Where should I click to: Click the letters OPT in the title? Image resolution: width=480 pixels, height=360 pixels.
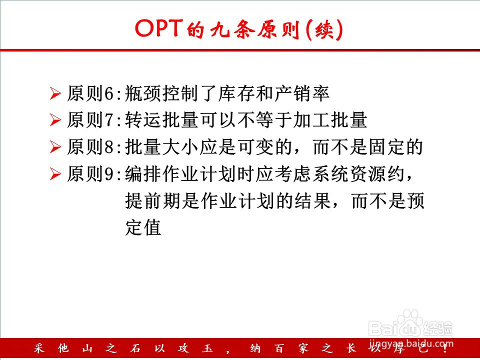pyautogui.click(x=158, y=28)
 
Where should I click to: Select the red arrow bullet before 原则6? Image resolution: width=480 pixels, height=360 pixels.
pyautogui.click(x=55, y=93)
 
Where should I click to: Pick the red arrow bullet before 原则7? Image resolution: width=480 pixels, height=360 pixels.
pyautogui.click(x=55, y=119)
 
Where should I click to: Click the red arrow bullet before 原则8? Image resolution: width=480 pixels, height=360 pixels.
pyautogui.click(x=55, y=146)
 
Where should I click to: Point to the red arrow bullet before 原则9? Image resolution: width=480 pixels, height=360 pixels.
pyautogui.click(x=55, y=173)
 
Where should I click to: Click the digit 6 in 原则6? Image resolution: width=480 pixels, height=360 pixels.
pyautogui.click(x=109, y=93)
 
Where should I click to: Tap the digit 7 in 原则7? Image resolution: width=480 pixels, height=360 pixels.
pyautogui.click(x=109, y=120)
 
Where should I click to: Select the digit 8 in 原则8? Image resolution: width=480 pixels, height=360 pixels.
pyautogui.click(x=109, y=147)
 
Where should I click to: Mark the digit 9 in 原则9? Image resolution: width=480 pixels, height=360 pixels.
pyautogui.click(x=109, y=174)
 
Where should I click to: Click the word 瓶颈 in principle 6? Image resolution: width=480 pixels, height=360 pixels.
pyautogui.click(x=143, y=93)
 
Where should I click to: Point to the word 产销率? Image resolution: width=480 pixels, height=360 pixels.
pyautogui.click(x=302, y=93)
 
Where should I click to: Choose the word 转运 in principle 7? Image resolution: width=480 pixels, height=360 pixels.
pyautogui.click(x=143, y=119)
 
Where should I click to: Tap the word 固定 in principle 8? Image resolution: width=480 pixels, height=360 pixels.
pyautogui.click(x=387, y=146)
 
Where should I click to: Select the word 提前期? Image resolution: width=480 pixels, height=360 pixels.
pyautogui.click(x=153, y=201)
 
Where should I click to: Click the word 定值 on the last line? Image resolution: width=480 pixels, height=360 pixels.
pyautogui.click(x=143, y=227)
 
